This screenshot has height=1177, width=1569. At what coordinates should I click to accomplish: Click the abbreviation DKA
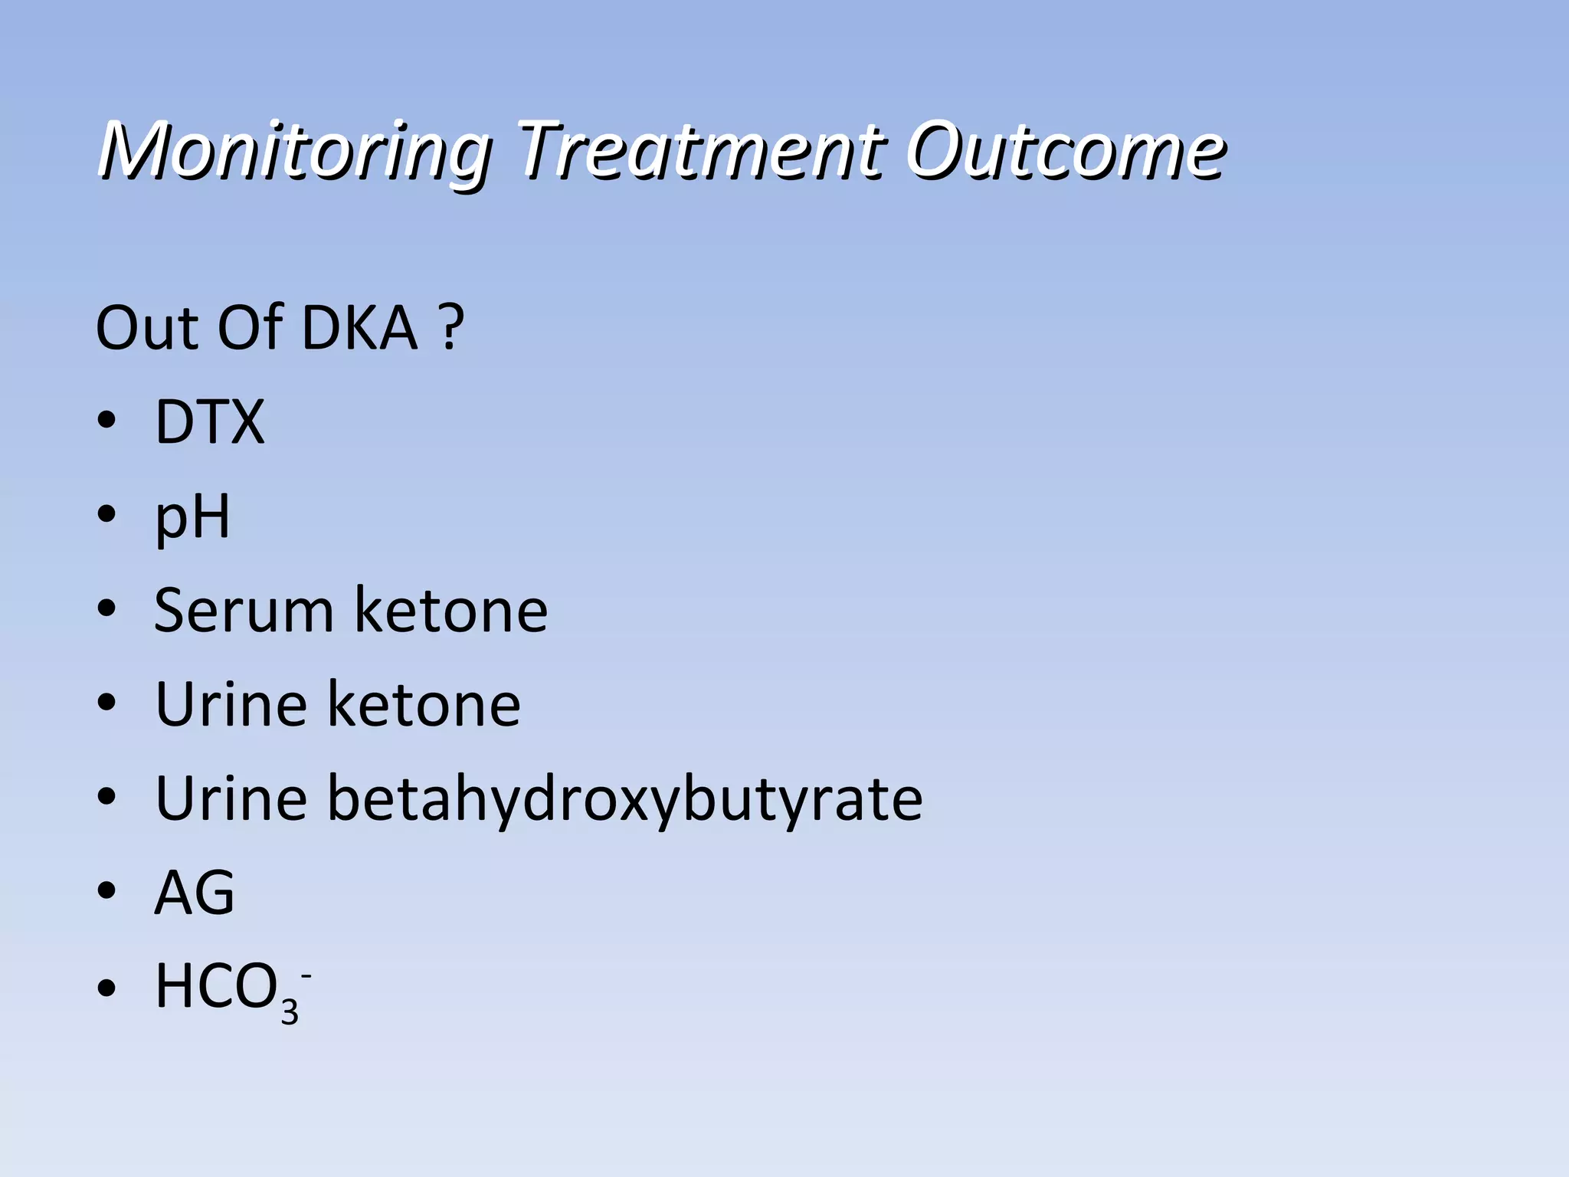pos(360,328)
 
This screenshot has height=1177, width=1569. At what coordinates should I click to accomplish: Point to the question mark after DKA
pos(453,328)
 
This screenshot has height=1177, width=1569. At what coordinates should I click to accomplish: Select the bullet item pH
pos(192,517)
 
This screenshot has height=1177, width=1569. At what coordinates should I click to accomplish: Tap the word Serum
pos(244,611)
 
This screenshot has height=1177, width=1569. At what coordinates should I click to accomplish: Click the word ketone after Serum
pos(451,611)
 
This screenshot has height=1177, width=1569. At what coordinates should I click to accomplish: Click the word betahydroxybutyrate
pos(625,799)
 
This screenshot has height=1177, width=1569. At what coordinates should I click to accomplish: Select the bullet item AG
pos(195,893)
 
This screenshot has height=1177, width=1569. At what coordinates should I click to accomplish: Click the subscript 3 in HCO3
pos(289,1011)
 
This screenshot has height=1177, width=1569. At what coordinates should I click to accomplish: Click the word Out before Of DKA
pos(146,328)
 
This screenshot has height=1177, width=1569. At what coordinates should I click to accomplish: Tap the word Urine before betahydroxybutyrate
pos(231,799)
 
